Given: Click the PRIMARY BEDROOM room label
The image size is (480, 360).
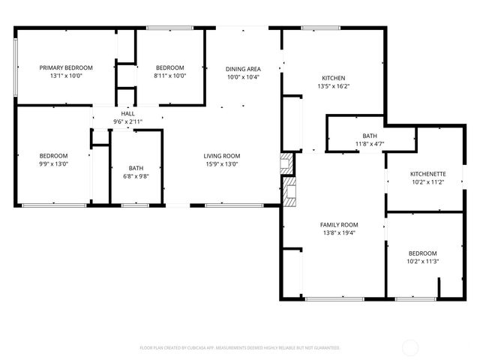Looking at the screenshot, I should pyautogui.click(x=66, y=67).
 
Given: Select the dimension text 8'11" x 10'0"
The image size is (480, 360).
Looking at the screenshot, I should pyautogui.click(x=169, y=76).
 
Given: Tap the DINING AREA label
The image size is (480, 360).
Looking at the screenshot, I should pyautogui.click(x=243, y=69).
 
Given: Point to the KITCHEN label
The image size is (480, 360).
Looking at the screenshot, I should pyautogui.click(x=333, y=78).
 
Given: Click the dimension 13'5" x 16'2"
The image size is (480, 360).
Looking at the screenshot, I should pyautogui.click(x=333, y=86).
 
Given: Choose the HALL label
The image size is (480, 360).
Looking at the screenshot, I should pyautogui.click(x=127, y=112).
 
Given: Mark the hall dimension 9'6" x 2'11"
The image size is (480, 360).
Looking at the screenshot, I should pyautogui.click(x=127, y=121).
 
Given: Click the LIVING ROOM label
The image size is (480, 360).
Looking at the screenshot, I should pyautogui.click(x=222, y=156).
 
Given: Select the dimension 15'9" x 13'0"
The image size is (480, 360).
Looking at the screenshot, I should pyautogui.click(x=222, y=164).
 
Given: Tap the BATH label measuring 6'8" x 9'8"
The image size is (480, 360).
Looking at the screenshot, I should pyautogui.click(x=136, y=168).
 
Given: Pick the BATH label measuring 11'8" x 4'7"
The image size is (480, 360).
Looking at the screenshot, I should pyautogui.click(x=370, y=135).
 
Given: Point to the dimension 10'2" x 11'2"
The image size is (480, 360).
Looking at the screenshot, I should pyautogui.click(x=424, y=182).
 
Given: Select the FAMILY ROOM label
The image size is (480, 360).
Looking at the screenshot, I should pyautogui.click(x=339, y=224).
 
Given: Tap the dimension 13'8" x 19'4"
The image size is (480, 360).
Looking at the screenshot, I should pyautogui.click(x=339, y=232).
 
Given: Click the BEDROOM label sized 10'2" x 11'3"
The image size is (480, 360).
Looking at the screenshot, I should pyautogui.click(x=421, y=253).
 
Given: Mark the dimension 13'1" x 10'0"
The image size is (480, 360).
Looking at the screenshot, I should pyautogui.click(x=66, y=76).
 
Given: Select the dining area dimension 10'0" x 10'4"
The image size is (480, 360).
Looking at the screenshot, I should pyautogui.click(x=243, y=77).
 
